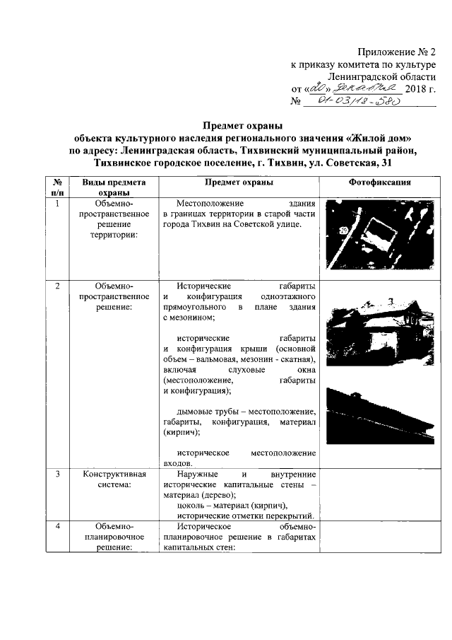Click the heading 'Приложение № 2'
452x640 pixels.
pyautogui.click(x=396, y=51)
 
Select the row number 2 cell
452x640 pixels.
pyautogui.click(x=57, y=286)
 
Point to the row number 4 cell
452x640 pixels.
pyautogui.click(x=57, y=527)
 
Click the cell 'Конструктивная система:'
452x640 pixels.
pyautogui.click(x=114, y=479)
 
